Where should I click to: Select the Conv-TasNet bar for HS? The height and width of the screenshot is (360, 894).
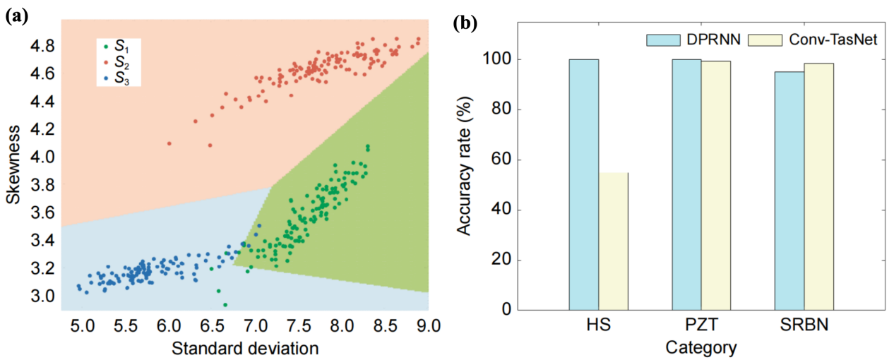(614, 241)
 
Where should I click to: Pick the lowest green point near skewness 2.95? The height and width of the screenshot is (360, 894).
(225, 305)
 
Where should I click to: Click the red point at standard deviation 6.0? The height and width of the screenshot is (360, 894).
(169, 143)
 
